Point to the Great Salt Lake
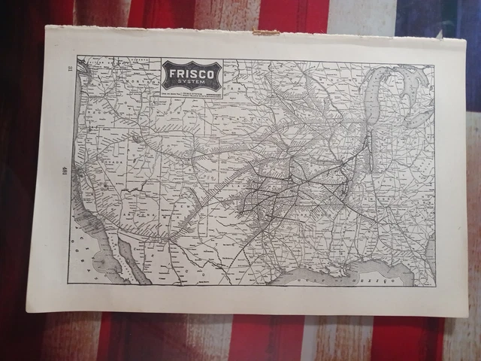pyautogui.click(x=138, y=139)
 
